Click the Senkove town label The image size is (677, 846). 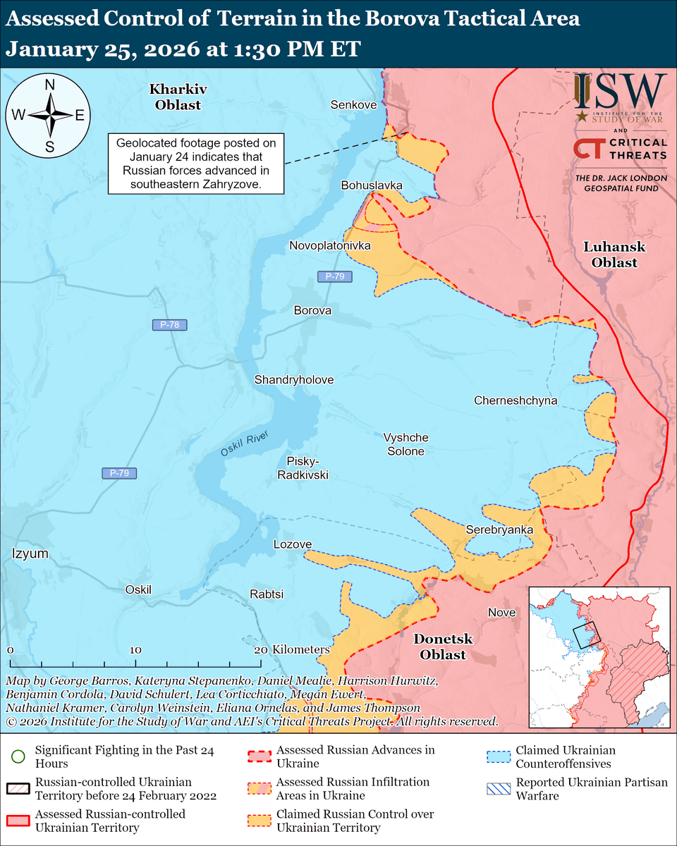(x=353, y=104)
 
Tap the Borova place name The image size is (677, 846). (x=312, y=310)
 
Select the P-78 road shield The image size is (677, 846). (x=170, y=325)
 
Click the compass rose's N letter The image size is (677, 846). (x=50, y=85)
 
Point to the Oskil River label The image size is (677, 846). (x=244, y=447)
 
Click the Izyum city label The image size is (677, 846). (x=30, y=554)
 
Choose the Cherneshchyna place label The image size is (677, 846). (x=516, y=400)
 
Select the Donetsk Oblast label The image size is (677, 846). (x=443, y=646)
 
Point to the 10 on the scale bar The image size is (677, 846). (x=135, y=650)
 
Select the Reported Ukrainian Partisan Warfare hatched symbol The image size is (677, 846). (x=499, y=788)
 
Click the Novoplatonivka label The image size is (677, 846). (x=330, y=245)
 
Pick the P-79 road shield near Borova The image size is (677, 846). (x=331, y=277)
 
